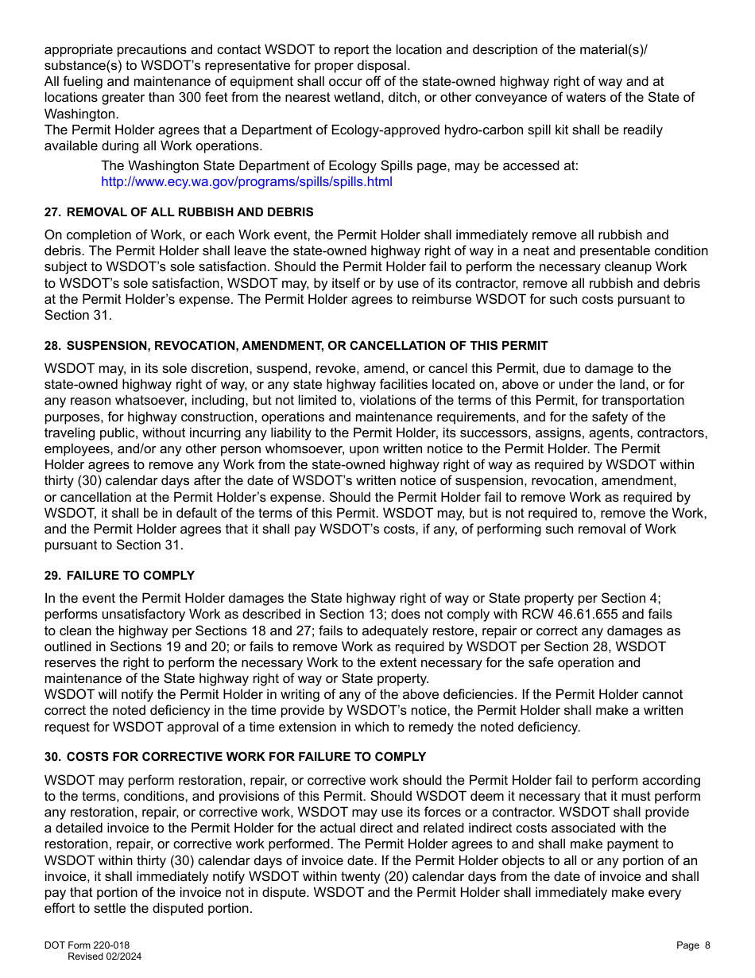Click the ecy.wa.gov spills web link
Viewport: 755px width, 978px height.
click(246, 181)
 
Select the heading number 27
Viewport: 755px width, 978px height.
click(52, 212)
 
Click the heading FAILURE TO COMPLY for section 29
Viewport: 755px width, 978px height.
click(130, 576)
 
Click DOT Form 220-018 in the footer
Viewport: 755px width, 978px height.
click(87, 945)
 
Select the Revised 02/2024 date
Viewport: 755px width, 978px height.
click(104, 957)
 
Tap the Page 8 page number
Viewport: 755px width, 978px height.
click(693, 945)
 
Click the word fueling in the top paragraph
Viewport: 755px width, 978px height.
click(83, 81)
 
